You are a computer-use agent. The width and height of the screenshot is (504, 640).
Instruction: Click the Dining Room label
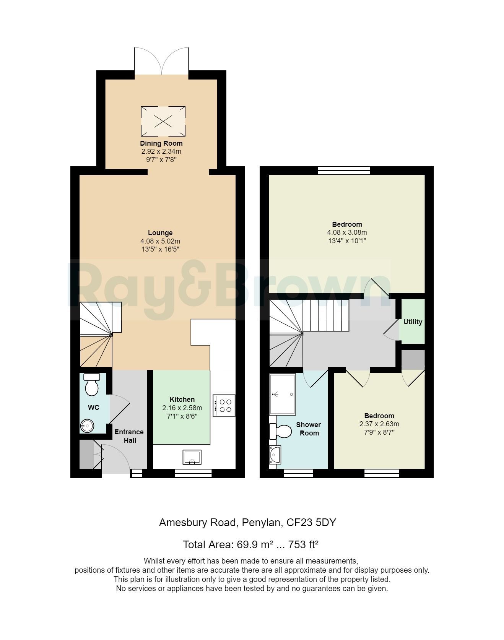point(161,143)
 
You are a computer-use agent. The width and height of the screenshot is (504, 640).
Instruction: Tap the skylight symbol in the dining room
point(163,122)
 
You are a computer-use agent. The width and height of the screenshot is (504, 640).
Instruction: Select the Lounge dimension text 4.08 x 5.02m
point(160,241)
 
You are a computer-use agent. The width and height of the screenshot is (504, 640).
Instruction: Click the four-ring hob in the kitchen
point(224,406)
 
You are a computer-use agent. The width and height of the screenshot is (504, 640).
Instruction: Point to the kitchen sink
point(192,457)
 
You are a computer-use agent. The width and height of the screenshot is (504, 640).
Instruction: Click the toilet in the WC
point(92,385)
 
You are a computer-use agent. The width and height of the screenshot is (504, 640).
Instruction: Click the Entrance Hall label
point(129,436)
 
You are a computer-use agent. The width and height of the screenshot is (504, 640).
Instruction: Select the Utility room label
point(413,322)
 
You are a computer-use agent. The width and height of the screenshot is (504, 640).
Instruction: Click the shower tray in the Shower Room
point(282,395)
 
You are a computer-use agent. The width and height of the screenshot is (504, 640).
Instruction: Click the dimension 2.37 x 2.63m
point(379,424)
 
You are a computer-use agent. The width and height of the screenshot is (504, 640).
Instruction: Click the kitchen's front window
point(193,473)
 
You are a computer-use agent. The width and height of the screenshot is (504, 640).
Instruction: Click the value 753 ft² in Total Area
point(304,544)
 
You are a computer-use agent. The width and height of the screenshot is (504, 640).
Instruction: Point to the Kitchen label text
point(182,400)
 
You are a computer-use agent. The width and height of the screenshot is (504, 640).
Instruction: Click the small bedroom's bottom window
point(382,473)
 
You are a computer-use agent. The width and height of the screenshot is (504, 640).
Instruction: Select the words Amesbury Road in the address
point(197,522)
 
